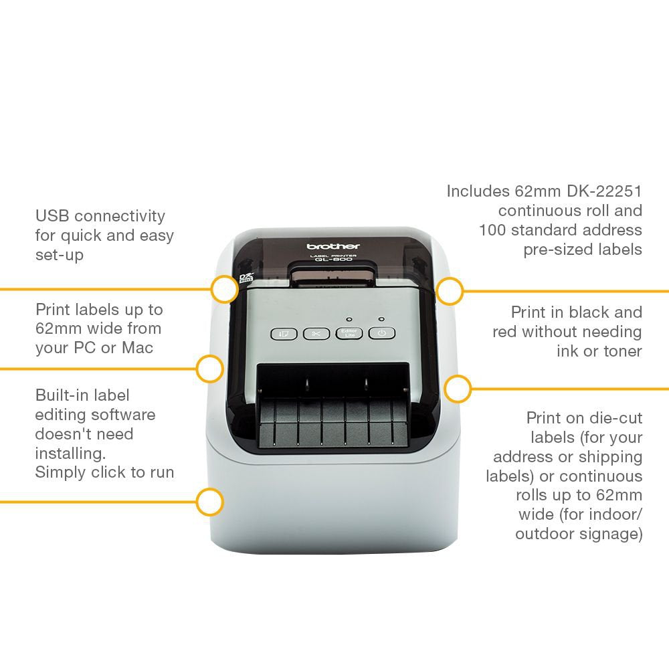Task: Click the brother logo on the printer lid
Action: click(333, 246)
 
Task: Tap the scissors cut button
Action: click(316, 333)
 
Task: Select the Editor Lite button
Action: click(349, 333)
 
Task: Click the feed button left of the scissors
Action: click(284, 333)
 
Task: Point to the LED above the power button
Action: click(381, 319)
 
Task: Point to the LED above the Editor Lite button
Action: click(349, 319)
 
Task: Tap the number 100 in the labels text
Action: click(494, 230)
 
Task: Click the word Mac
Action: click(137, 348)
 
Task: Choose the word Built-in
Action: click(64, 395)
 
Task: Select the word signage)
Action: click(613, 534)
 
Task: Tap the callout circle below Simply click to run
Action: click(210, 501)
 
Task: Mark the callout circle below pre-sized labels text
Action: click(450, 292)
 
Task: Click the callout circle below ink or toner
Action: click(458, 388)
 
